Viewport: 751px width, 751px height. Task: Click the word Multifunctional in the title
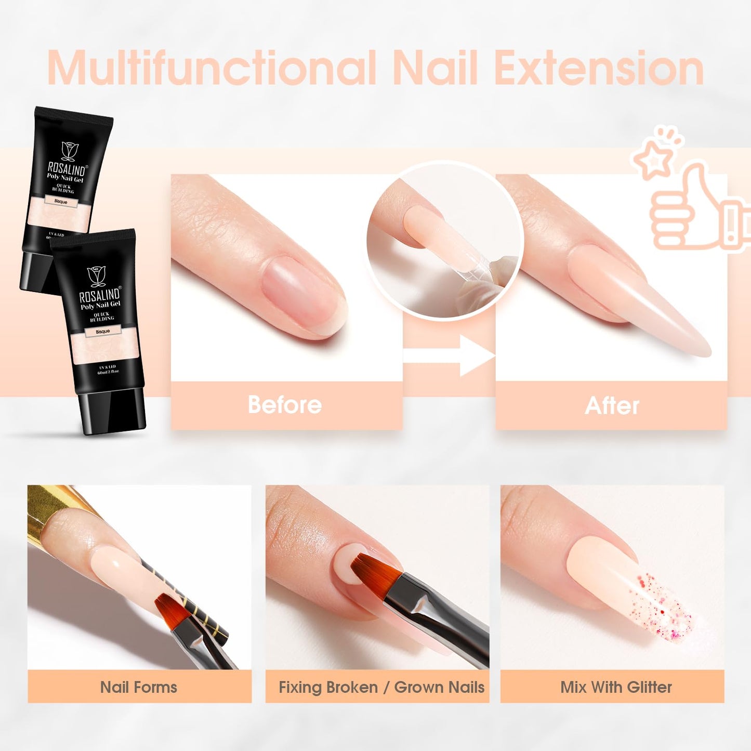[x=211, y=68]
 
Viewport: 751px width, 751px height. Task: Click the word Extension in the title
[x=598, y=68]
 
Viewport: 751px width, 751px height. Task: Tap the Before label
[x=285, y=405]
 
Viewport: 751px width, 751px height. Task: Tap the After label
[x=612, y=406]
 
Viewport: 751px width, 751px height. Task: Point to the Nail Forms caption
[x=139, y=687]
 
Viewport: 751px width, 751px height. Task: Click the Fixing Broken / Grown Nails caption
[x=381, y=687]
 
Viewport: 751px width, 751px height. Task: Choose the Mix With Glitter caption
[x=616, y=687]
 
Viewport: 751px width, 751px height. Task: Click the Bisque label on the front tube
[x=103, y=331]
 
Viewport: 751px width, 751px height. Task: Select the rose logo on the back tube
[x=69, y=151]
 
